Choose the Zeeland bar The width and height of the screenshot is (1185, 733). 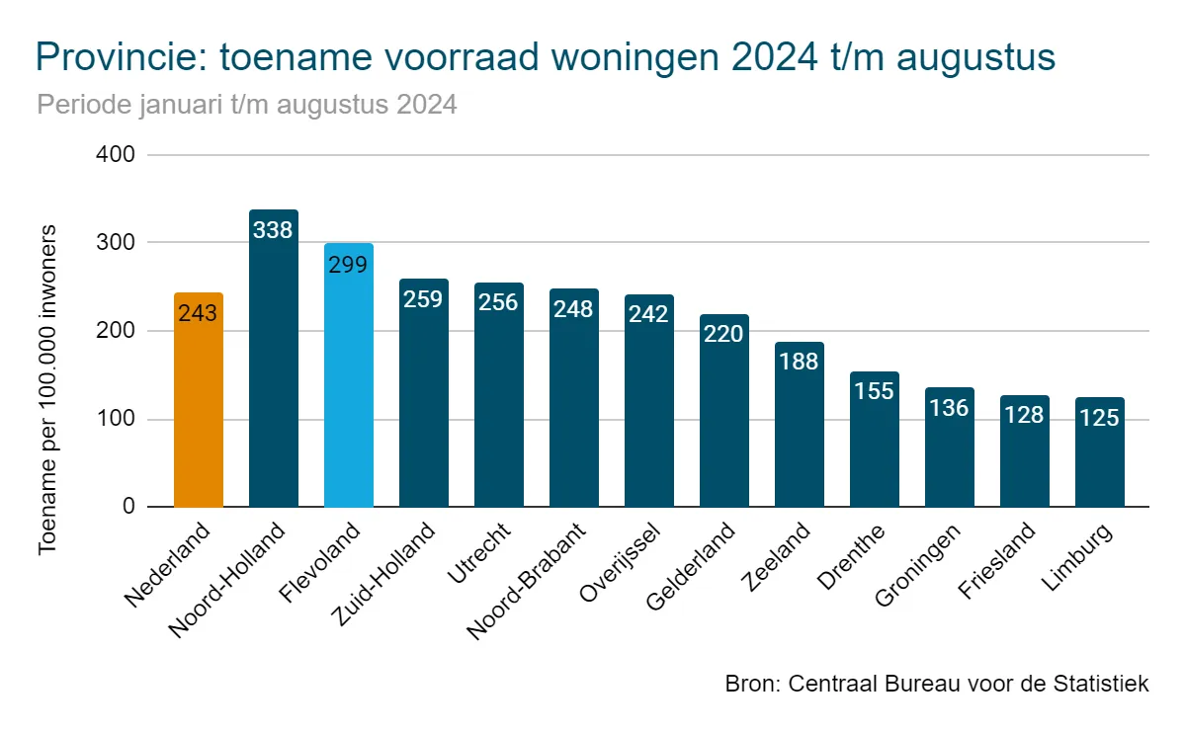click(800, 435)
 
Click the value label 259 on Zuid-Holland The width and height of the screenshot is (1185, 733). click(423, 298)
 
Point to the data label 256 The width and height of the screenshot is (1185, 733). click(498, 302)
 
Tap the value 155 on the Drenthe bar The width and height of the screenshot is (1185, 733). click(874, 391)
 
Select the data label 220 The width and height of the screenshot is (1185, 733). click(723, 334)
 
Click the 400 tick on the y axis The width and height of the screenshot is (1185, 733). click(115, 155)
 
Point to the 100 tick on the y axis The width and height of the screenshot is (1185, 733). click(115, 420)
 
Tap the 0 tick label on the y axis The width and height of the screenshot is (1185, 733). click(127, 507)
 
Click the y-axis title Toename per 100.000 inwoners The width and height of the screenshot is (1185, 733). click(47, 389)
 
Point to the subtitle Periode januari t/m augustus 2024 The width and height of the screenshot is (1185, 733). click(247, 105)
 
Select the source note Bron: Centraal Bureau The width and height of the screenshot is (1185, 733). click(936, 684)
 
